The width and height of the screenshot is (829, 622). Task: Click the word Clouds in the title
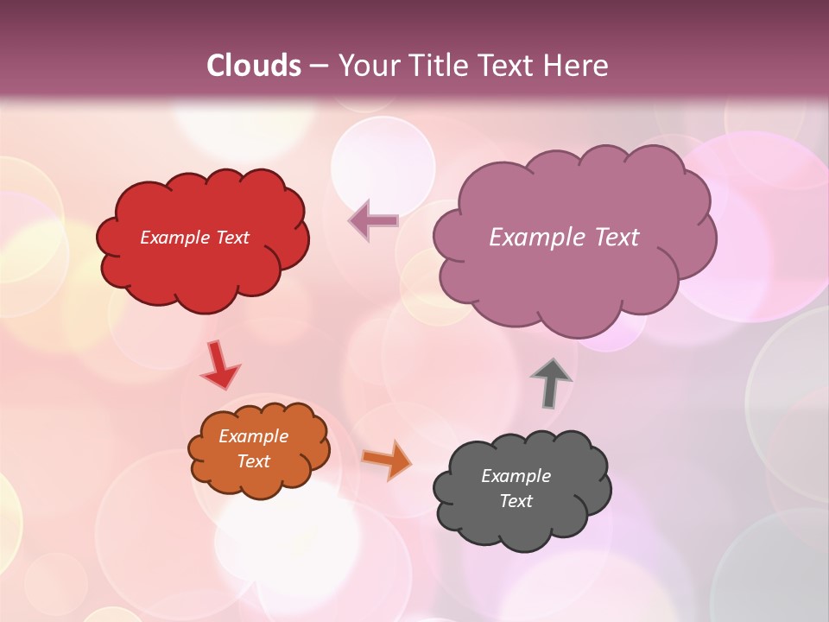click(254, 65)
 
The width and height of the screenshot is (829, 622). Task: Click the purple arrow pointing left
click(373, 221)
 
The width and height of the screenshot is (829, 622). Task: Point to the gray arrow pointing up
click(550, 383)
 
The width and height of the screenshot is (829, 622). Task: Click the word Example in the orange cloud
click(253, 436)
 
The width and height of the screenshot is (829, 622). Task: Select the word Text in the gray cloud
click(516, 501)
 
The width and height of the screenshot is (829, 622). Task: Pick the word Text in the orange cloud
click(253, 461)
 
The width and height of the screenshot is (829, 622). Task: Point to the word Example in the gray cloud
click(516, 476)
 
